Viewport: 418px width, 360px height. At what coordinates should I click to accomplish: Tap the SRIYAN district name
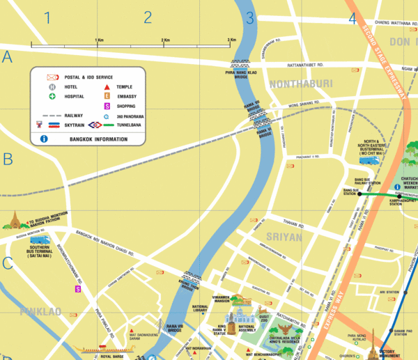point(284,237)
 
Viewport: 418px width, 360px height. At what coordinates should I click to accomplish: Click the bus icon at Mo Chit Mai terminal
point(369,160)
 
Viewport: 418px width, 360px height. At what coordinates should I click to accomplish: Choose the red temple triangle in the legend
point(107,87)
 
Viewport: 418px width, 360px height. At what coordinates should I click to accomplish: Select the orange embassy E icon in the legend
point(107,96)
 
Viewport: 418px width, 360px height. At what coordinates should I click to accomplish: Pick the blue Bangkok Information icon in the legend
point(44,139)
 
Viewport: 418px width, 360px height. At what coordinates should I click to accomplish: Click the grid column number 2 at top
point(148,18)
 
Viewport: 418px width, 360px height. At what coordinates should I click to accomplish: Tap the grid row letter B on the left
point(8,159)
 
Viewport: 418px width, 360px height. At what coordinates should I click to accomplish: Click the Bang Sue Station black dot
point(360,194)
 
